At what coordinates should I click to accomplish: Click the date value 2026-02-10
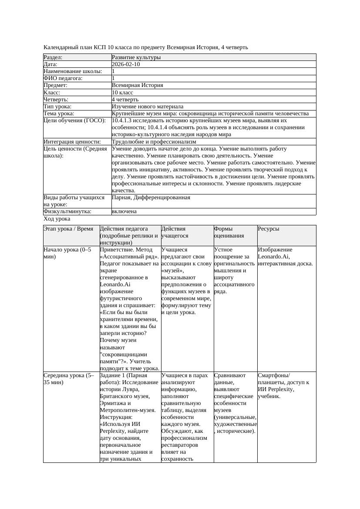click(126, 64)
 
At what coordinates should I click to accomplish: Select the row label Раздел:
click(53, 57)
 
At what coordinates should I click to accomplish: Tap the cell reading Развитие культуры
click(136, 57)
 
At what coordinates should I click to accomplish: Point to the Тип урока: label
click(58, 107)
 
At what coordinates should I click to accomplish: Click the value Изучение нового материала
click(148, 107)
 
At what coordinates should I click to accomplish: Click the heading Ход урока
click(57, 219)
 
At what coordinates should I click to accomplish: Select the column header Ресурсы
click(269, 229)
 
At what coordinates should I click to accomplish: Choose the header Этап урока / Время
click(69, 229)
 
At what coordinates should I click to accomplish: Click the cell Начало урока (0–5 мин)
click(67, 253)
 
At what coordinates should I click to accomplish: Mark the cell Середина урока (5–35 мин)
click(69, 379)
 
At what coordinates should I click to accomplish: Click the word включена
click(124, 211)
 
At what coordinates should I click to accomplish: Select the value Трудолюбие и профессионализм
click(154, 142)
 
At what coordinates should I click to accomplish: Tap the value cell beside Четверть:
click(126, 100)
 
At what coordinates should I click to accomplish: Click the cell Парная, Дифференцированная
click(151, 198)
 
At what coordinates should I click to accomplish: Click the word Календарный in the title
click(60, 47)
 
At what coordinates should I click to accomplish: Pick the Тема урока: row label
click(59, 114)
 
